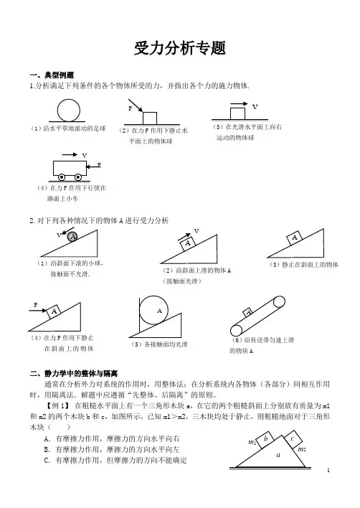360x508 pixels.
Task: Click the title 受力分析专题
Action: point(180,49)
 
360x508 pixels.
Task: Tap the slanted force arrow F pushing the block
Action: point(136,105)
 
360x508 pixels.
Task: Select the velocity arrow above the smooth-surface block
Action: point(240,104)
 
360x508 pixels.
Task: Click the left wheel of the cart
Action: point(62,177)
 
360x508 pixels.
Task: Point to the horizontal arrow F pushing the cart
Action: point(93,167)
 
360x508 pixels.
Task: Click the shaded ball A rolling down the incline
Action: point(73,237)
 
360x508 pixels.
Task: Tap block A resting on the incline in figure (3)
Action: point(294,238)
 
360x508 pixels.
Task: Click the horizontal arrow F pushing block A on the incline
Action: point(38,311)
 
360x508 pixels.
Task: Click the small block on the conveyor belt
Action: point(248,312)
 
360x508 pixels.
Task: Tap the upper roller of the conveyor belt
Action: point(279,301)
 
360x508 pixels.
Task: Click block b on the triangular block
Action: point(266,439)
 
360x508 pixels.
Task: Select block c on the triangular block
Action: point(293,439)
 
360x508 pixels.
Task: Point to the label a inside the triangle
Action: point(278,455)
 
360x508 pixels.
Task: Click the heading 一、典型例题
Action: point(52,75)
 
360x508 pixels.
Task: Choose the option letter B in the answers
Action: point(47,450)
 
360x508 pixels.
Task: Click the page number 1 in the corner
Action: point(328,470)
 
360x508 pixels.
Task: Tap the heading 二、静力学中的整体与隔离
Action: point(73,374)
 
